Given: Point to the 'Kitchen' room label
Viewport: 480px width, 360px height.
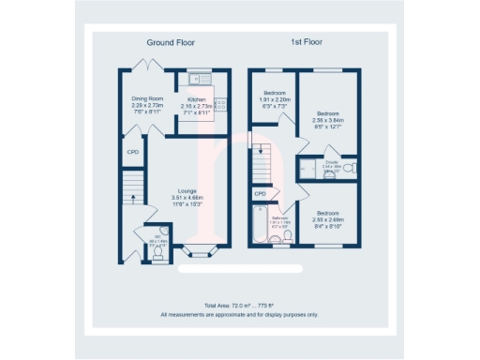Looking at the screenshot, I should click(x=197, y=99).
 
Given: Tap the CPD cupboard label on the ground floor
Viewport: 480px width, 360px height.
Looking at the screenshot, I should click(x=132, y=151).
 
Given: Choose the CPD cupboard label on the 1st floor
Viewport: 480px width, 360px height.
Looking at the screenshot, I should click(x=260, y=194).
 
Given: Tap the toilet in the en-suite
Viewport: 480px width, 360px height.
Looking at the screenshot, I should click(x=348, y=169).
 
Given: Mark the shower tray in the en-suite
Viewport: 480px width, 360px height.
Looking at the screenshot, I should click(x=307, y=170).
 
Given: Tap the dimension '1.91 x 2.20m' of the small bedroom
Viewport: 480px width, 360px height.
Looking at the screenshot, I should click(x=275, y=99).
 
